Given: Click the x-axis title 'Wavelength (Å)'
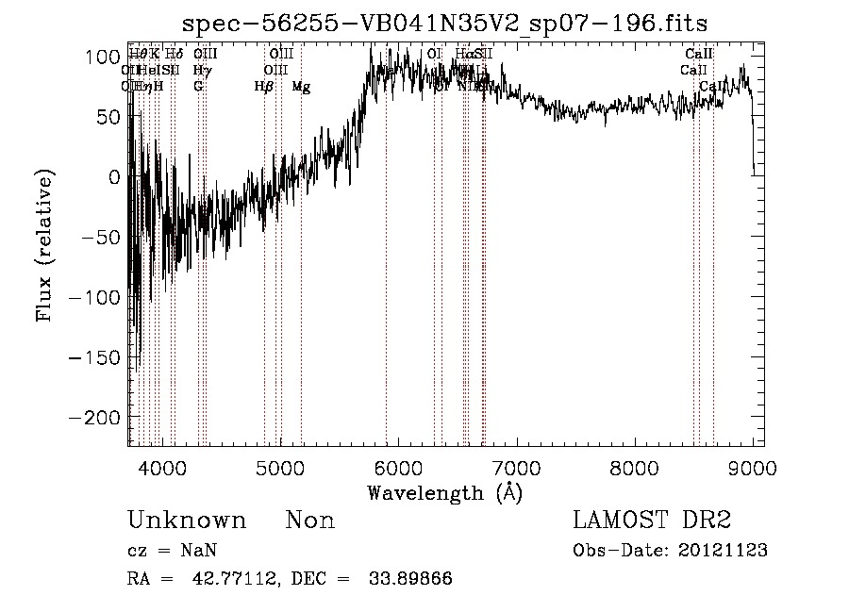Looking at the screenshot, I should [444, 492].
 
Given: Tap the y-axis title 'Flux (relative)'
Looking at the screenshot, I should [44, 245].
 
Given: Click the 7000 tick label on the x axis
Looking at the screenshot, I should [516, 468].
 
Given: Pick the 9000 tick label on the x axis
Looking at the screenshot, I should [752, 468].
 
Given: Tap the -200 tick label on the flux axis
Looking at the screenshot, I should [94, 417].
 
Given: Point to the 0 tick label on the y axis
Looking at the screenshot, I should [115, 177].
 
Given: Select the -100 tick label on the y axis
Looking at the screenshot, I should [94, 297].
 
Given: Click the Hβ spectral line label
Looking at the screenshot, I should [264, 87].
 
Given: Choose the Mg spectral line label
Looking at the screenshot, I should [301, 87].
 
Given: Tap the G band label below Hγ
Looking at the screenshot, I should [198, 87].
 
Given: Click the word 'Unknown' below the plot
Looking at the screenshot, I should [187, 521].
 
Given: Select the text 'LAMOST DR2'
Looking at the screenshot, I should [652, 521].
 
